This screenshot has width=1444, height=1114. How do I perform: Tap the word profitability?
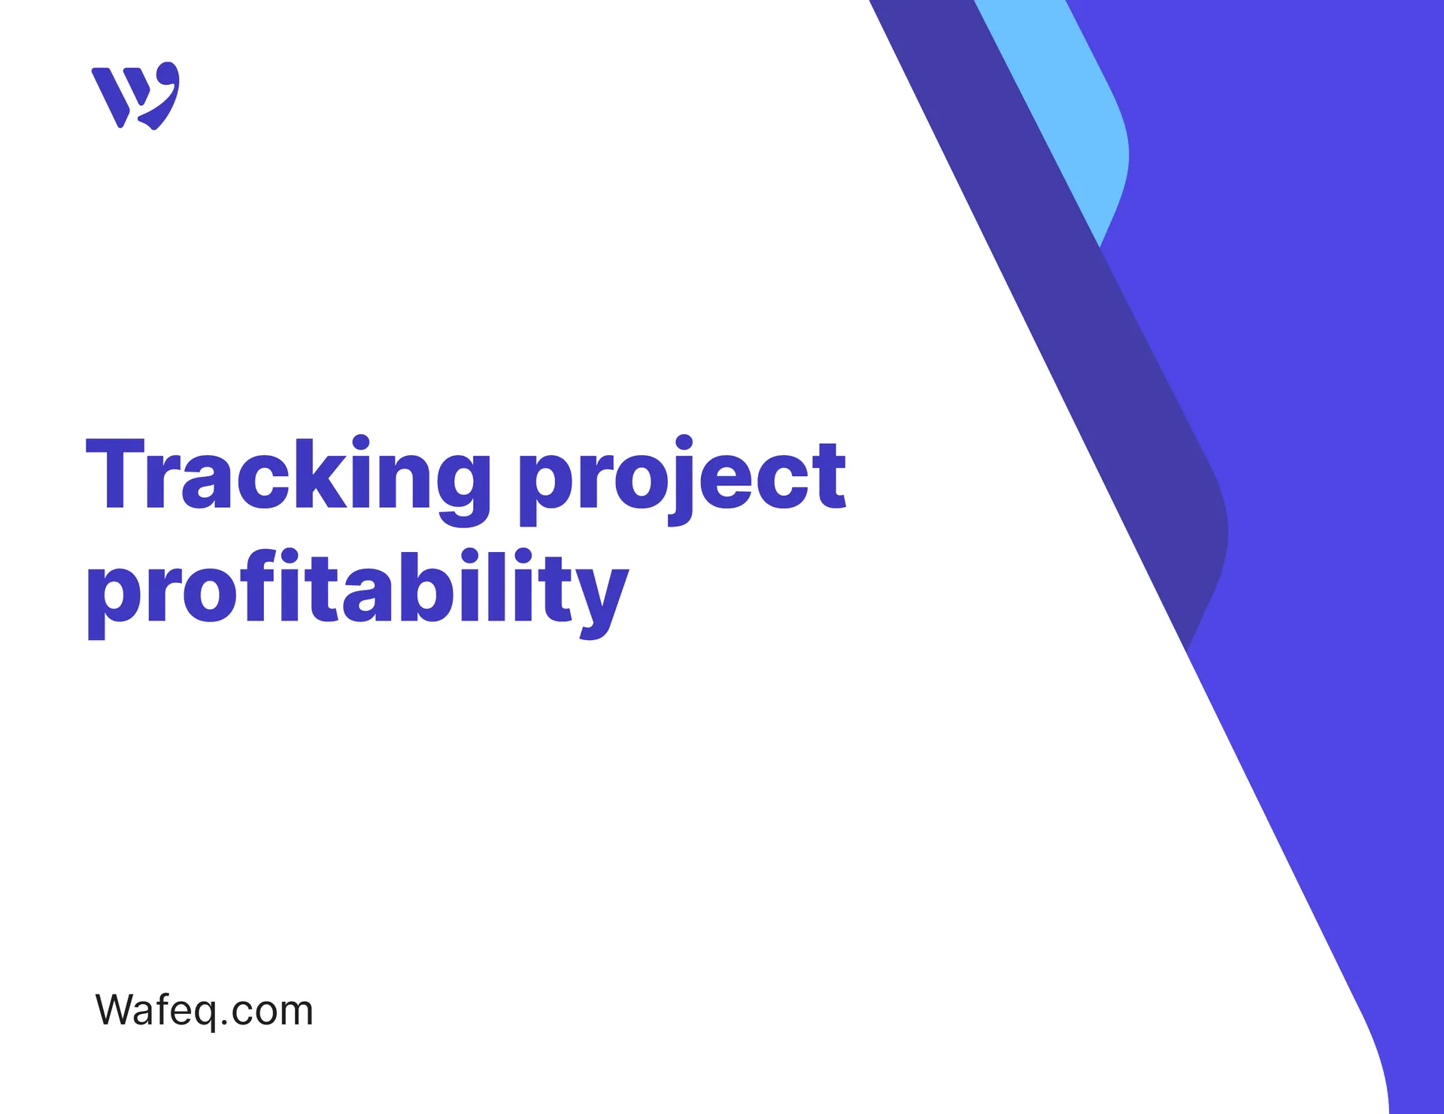pos(357,590)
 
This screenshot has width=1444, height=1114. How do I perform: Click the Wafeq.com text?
pos(204,1010)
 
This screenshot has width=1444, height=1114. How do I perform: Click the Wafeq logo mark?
pos(136,96)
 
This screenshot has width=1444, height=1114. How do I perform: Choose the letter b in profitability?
pos(417,586)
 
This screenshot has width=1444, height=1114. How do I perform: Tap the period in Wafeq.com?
pos(224,1023)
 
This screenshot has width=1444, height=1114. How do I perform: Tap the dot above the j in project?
pos(684,442)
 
